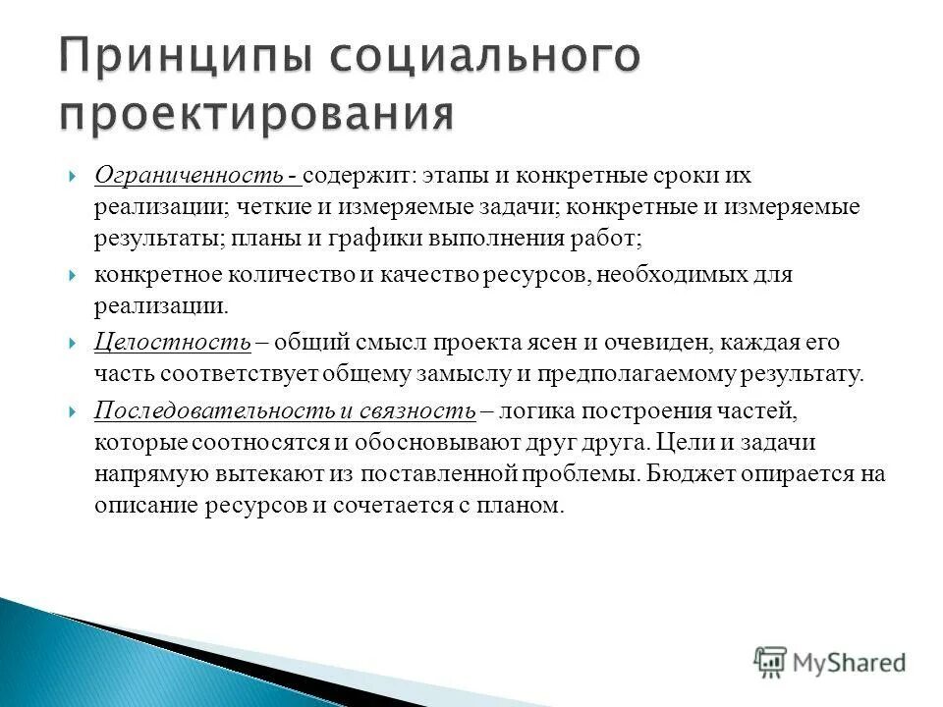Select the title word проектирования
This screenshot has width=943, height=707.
[x=256, y=115]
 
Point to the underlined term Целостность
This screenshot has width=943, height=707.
[x=173, y=343]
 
